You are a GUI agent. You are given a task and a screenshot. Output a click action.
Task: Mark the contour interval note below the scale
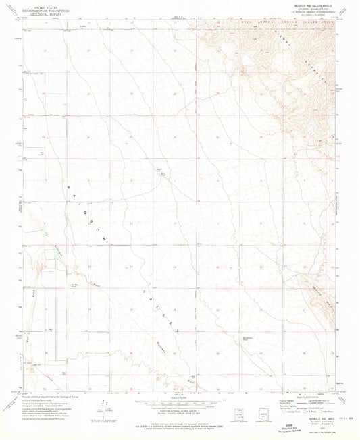[179, 412]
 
